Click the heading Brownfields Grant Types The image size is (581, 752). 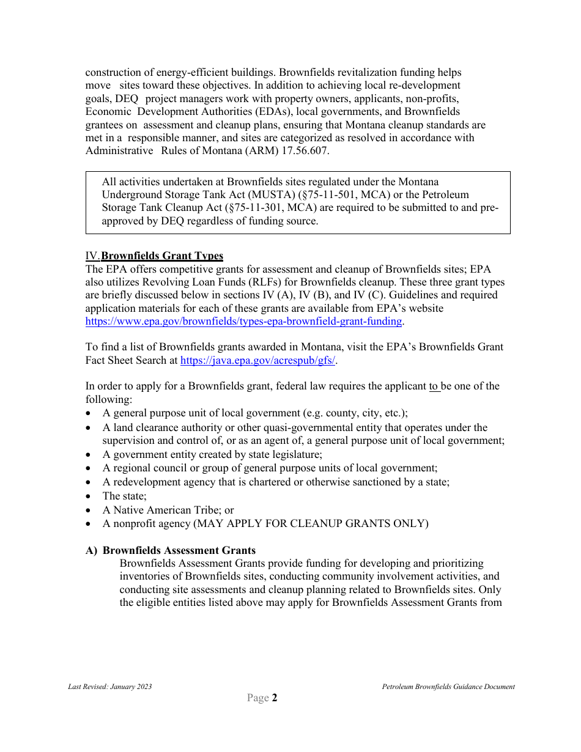click(x=162, y=256)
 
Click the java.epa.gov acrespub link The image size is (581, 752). click(x=257, y=360)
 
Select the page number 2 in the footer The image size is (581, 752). click(x=275, y=698)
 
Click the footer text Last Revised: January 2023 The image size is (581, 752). click(x=109, y=687)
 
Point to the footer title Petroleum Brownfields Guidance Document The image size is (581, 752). click(x=448, y=687)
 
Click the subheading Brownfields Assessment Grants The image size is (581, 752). click(x=179, y=550)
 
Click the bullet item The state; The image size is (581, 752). click(x=125, y=496)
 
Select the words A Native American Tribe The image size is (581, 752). click(x=160, y=510)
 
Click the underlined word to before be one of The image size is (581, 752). click(x=434, y=386)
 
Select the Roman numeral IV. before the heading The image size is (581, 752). click(x=92, y=256)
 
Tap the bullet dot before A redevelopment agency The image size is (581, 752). click(x=89, y=482)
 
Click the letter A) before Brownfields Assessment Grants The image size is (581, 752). click(x=91, y=550)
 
